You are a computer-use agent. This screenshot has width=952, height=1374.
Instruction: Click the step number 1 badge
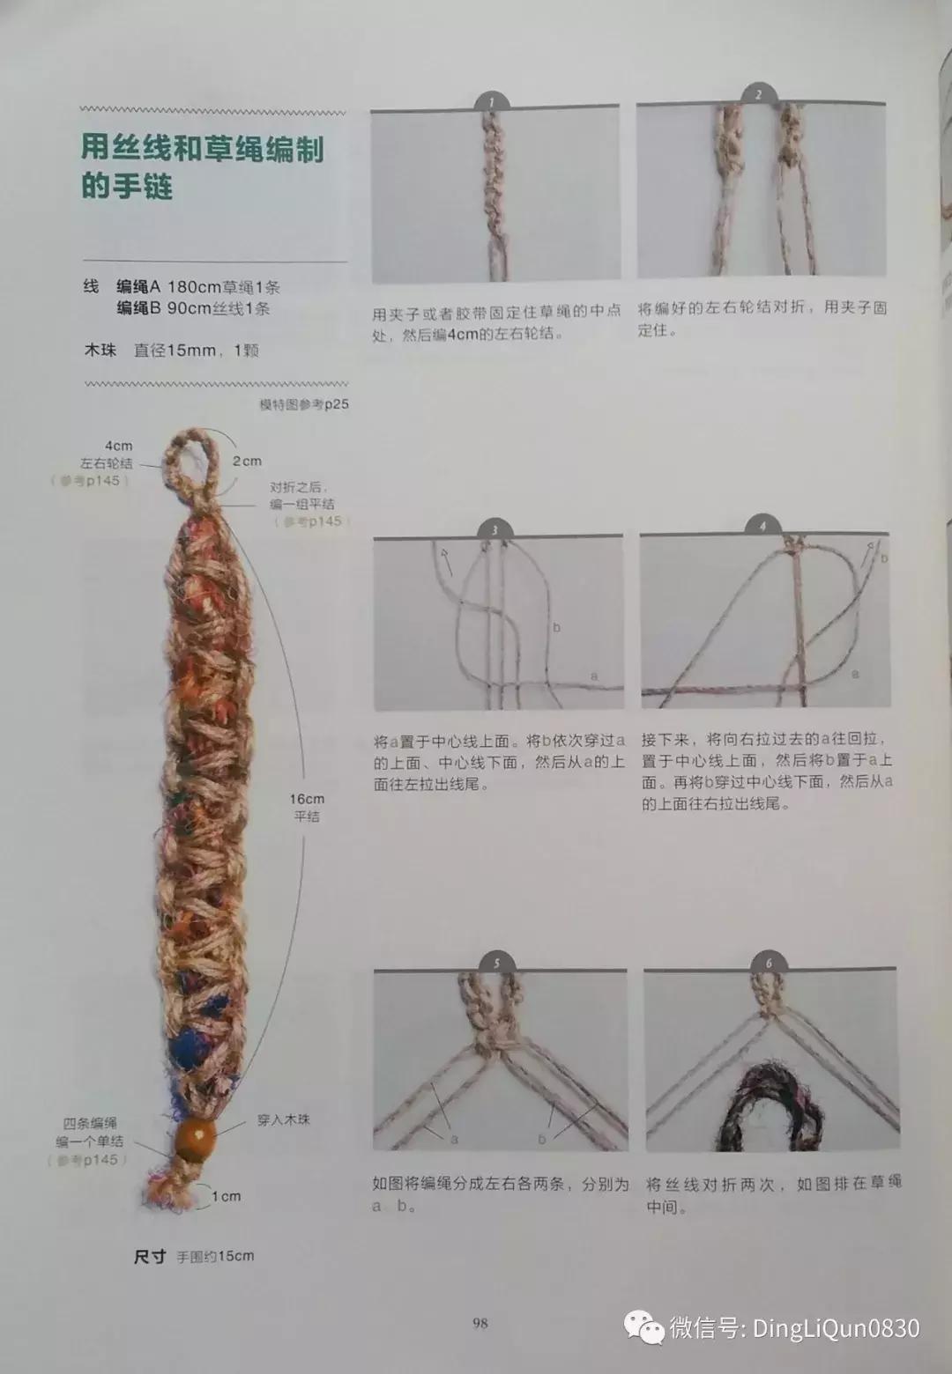click(x=493, y=102)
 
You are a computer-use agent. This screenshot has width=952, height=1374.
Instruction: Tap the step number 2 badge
click(x=757, y=95)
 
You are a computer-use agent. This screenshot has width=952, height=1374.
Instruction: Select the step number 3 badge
click(x=495, y=529)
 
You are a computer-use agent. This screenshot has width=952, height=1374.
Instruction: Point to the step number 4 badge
click(x=763, y=527)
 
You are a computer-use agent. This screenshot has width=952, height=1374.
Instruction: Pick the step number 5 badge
click(x=497, y=962)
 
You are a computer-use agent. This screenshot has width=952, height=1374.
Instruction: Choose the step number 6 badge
click(x=769, y=962)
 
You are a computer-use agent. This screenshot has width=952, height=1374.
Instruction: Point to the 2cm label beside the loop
click(x=248, y=461)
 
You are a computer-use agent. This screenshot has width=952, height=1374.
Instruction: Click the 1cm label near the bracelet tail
click(x=226, y=1196)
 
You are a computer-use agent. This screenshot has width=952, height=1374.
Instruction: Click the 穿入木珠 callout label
click(x=283, y=1119)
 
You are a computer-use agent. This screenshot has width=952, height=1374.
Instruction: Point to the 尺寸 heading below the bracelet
click(x=150, y=1257)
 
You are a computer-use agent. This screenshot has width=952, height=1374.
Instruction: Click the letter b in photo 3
click(x=556, y=628)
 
